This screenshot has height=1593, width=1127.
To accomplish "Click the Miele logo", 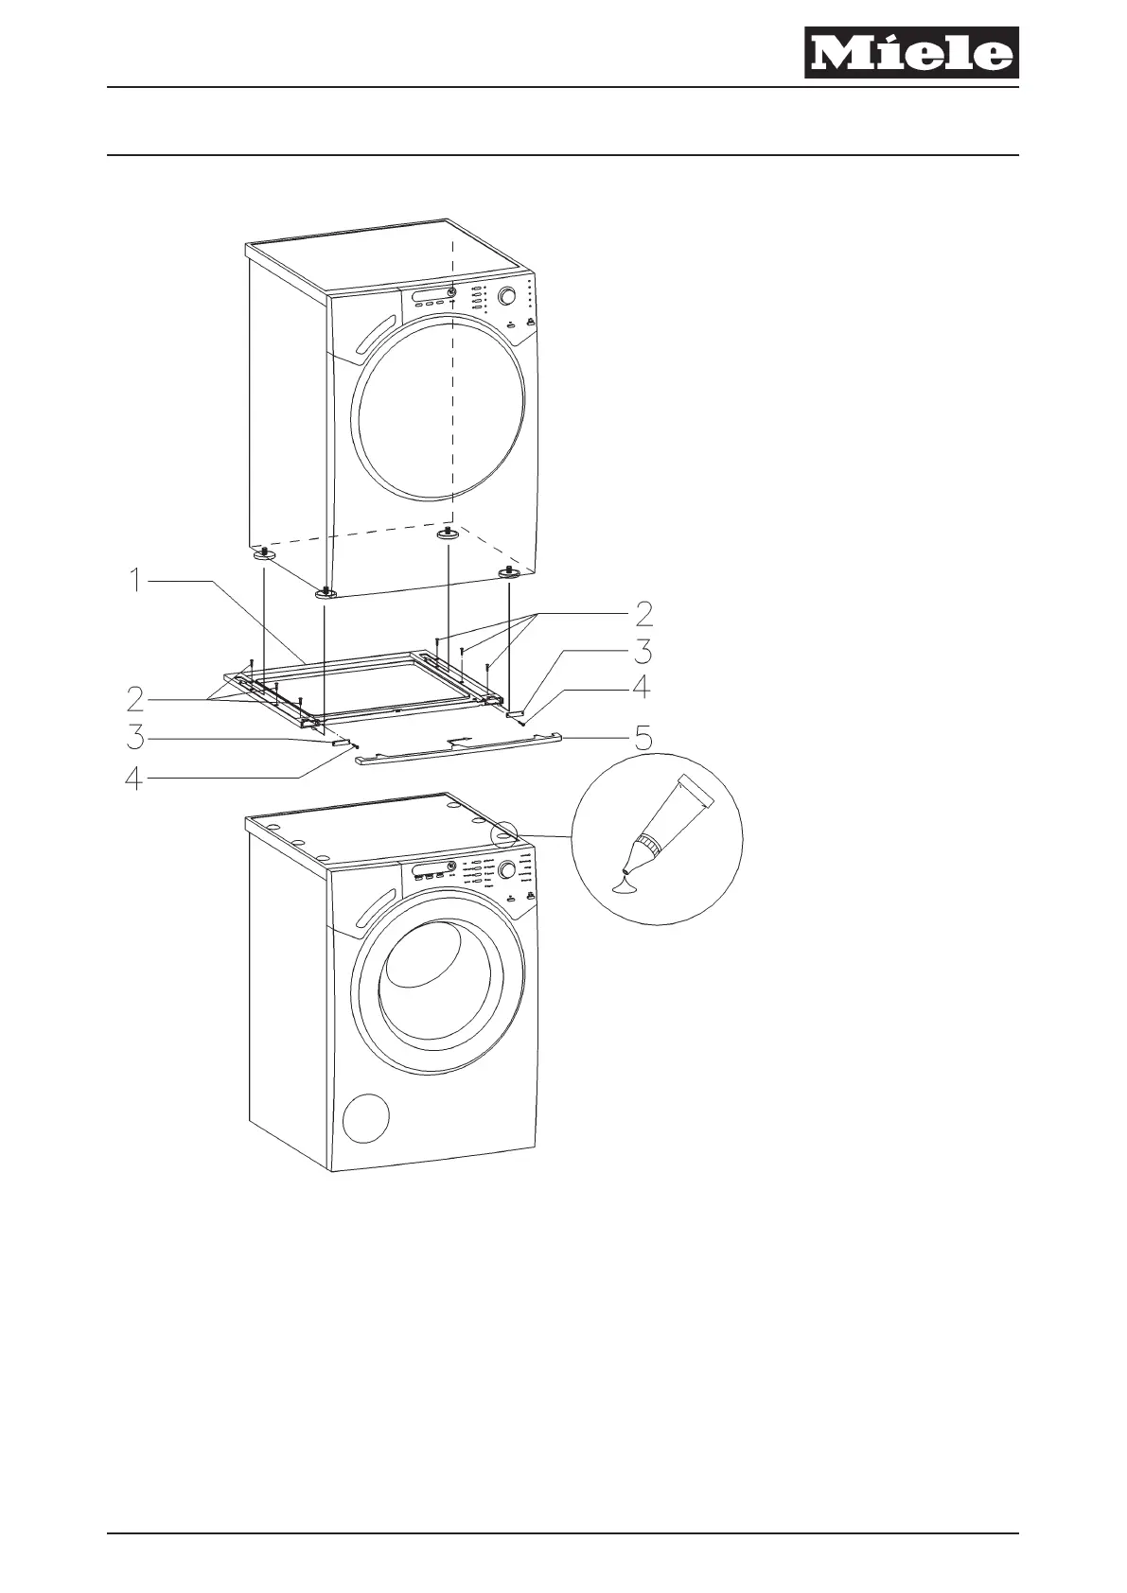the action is [x=911, y=53].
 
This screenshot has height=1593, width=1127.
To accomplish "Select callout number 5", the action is [x=643, y=737].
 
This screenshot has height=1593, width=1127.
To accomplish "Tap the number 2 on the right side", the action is [x=643, y=615].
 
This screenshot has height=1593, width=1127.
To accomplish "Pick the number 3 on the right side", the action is [x=643, y=652].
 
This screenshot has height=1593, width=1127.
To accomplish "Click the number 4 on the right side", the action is [x=642, y=688].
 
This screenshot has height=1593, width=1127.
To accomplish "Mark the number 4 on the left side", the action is [x=136, y=779].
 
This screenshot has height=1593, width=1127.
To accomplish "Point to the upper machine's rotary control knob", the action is [x=507, y=296].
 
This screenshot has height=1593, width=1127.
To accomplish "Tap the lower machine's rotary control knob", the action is [x=507, y=869].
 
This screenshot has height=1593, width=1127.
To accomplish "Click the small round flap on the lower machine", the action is [x=367, y=1119].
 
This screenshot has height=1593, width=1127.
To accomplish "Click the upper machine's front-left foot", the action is [x=327, y=591].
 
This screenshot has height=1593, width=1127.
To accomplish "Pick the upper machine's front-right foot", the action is [x=510, y=571].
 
